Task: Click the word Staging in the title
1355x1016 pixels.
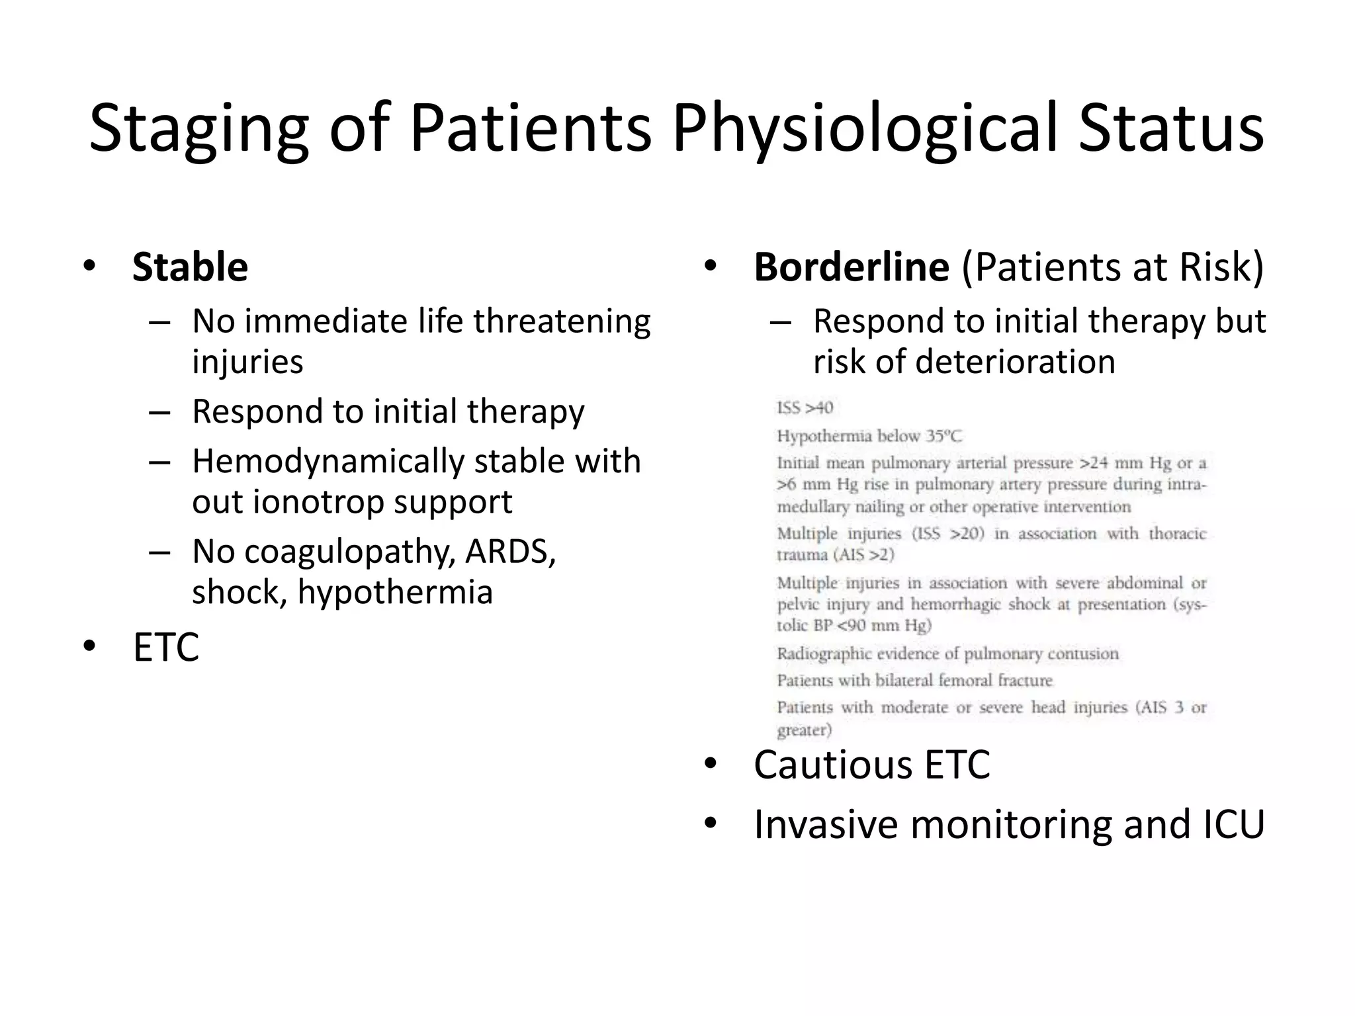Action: click(198, 129)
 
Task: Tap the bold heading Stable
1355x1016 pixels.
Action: click(190, 267)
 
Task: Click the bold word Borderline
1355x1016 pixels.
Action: click(852, 267)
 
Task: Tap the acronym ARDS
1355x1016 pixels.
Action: click(510, 551)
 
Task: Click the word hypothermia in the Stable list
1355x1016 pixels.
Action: click(395, 592)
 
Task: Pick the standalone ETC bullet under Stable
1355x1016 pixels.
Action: click(166, 648)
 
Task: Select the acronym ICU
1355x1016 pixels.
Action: click(1231, 824)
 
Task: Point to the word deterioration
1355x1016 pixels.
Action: click(1015, 362)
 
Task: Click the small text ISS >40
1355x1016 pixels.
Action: click(805, 407)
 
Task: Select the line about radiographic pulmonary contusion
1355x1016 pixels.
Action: click(947, 654)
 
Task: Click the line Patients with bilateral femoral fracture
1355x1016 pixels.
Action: click(914, 680)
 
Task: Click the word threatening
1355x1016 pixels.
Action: click(562, 321)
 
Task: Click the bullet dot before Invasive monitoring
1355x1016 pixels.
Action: click(711, 824)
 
